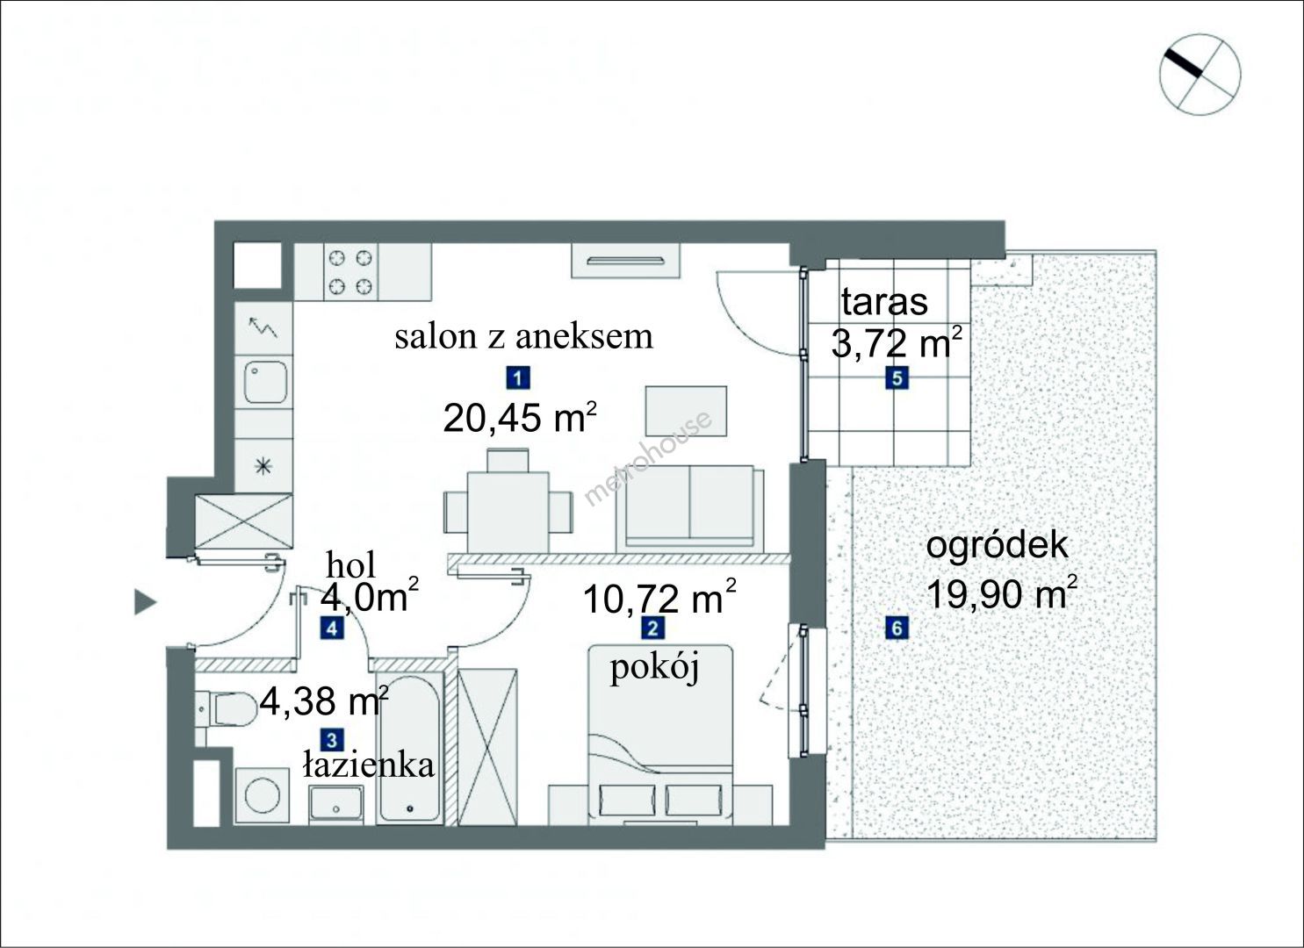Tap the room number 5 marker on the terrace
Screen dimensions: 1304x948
coord(897,378)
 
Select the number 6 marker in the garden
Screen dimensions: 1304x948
coord(897,628)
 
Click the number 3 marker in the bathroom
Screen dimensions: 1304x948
coord(333,740)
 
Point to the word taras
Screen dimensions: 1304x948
coord(884,302)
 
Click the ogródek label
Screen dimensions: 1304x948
coord(998,547)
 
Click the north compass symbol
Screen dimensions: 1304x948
coord(1200,90)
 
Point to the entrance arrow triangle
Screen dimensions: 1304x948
coord(145,602)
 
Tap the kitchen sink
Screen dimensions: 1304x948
coord(265,383)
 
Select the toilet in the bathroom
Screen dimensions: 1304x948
coord(227,709)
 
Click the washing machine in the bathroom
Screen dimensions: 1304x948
coord(262,795)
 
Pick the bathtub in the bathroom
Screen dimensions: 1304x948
coord(408,749)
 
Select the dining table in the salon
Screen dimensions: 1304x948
coord(508,512)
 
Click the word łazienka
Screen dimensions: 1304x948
coord(369,765)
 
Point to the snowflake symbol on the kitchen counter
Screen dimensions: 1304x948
coord(263,465)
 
